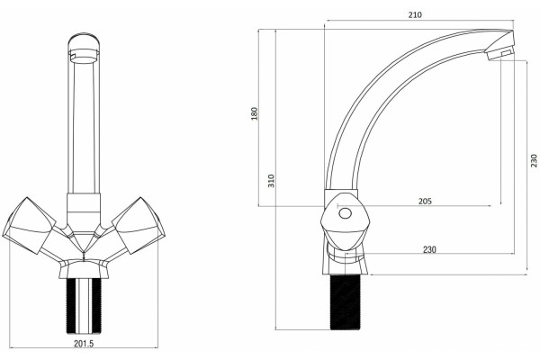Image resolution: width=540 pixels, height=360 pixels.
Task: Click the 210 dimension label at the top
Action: point(415,14)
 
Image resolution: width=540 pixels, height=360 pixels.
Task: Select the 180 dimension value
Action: point(254,113)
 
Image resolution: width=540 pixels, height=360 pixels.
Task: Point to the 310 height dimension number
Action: point(272,181)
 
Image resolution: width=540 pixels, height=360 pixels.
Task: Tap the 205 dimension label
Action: point(425,201)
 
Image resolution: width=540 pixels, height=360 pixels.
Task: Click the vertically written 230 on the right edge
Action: point(534,160)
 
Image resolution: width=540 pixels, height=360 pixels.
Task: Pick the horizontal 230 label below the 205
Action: point(429,249)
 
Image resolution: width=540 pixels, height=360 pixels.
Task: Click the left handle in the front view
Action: point(30,226)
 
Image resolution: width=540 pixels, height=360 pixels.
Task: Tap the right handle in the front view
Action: point(139,226)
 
